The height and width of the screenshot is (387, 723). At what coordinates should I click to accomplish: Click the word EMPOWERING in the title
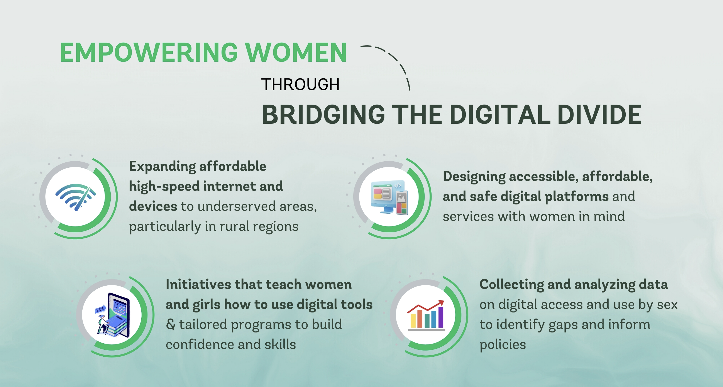pos(149,52)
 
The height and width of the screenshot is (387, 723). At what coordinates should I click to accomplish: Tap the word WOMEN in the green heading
pos(296,52)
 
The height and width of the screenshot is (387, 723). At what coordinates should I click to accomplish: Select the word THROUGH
pos(300,84)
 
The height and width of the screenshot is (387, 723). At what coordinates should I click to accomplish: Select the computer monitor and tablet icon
pos(389,197)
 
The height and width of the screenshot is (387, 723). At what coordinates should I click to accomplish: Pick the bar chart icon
pos(426,315)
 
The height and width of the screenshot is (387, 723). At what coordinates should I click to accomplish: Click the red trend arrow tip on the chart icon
pos(443,302)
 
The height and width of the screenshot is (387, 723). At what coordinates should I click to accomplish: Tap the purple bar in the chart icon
pos(441,317)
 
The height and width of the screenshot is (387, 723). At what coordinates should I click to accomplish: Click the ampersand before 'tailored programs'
pos(170,324)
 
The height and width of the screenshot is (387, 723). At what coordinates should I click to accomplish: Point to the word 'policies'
pos(503,345)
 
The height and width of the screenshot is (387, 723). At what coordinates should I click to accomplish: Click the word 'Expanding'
pos(162,167)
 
